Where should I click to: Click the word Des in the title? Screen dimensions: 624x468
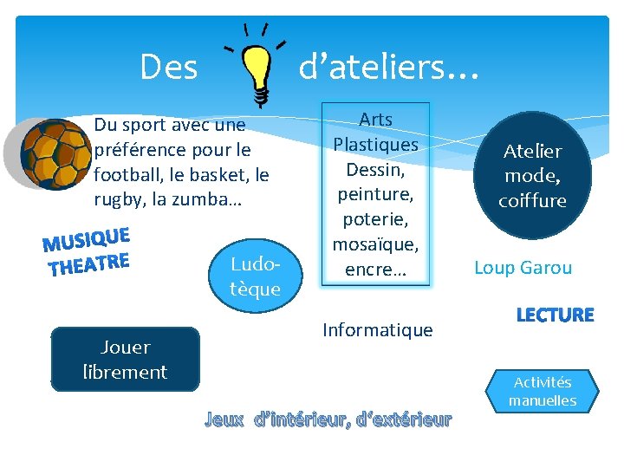coord(169,66)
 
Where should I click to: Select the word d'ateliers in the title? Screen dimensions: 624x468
coord(374,66)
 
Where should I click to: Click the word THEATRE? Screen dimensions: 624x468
coord(90,263)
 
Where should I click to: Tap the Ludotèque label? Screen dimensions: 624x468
coord(256,276)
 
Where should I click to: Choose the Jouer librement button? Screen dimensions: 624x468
coord(125,360)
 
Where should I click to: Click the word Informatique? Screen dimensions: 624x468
coord(377,329)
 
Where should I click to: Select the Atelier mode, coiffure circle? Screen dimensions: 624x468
coord(532,176)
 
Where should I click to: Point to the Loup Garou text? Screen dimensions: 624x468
coord(523,267)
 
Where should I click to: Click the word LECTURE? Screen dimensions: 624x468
coord(555,315)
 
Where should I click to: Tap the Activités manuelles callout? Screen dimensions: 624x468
coord(543,391)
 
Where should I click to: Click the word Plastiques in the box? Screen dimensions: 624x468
coord(376,144)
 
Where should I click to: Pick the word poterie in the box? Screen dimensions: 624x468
coord(374,219)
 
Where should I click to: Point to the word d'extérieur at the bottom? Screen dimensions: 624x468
coord(404,420)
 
